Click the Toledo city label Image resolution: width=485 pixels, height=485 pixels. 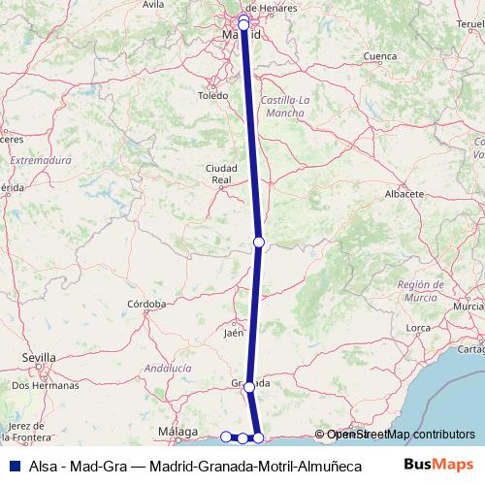coord(212,96)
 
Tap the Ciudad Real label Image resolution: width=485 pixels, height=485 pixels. coord(221,174)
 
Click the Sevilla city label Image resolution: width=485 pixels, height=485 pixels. coord(39,357)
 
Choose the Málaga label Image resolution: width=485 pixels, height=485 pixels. coord(178,431)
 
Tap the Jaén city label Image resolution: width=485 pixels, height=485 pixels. coord(233,333)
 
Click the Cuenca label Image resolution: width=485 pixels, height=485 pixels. coord(379,57)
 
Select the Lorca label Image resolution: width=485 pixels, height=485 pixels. coord(418,328)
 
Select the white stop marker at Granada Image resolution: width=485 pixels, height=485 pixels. coord(249,387)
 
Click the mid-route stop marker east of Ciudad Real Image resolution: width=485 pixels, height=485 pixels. coord(259,242)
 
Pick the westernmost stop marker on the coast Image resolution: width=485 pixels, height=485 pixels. coord(226,437)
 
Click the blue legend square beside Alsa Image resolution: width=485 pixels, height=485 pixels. coord(13,466)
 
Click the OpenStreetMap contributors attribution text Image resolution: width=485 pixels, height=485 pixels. coord(400,435)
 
